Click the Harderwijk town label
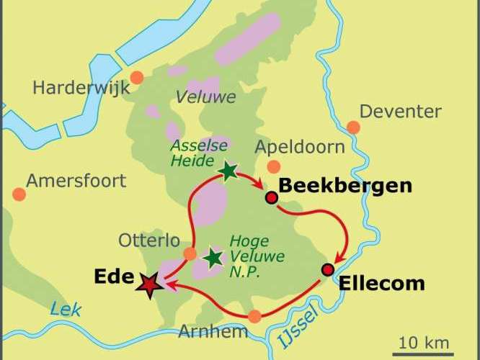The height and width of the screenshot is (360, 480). point(81,89)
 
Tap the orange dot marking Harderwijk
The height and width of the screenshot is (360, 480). point(137,76)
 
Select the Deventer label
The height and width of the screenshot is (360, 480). point(400,112)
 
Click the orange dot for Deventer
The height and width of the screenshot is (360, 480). point(353,127)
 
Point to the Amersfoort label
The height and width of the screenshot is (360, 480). point(76,180)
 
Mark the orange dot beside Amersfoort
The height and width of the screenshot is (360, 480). point(18,194)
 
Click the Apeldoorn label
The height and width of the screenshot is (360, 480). point(300,148)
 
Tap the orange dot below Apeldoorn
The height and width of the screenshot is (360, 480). point(274,167)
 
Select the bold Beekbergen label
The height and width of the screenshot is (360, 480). point(345,186)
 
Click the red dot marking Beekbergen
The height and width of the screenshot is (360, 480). point(272,197)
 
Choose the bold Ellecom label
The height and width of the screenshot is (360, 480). point(381,283)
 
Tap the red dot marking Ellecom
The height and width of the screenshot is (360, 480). point(328,270)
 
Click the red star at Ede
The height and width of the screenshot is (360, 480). point(150,286)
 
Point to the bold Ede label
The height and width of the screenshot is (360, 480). point(114,277)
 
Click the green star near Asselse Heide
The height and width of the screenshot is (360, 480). point(228,171)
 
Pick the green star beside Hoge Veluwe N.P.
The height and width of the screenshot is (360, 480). point(213,258)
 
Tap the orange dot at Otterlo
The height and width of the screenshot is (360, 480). point(190,253)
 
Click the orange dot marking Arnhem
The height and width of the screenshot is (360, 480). point(254,316)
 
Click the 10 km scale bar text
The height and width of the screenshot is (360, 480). point(425,342)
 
